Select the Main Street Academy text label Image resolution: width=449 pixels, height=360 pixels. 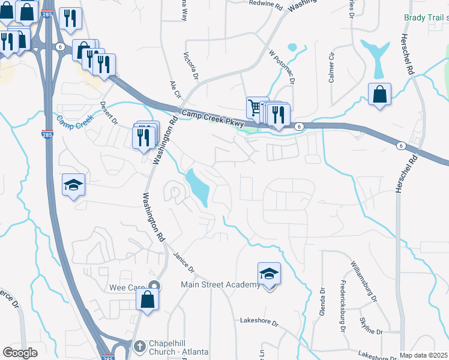221,284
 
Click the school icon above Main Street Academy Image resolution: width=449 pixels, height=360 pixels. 270,275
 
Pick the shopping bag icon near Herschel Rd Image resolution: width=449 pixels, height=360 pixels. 380,94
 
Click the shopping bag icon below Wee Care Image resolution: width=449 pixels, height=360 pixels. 148,300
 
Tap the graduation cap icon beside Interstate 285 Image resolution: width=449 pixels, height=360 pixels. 73,185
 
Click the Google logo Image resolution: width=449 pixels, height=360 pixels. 20,352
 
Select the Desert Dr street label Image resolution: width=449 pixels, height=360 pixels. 110,112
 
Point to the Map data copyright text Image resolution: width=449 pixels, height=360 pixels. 424,355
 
